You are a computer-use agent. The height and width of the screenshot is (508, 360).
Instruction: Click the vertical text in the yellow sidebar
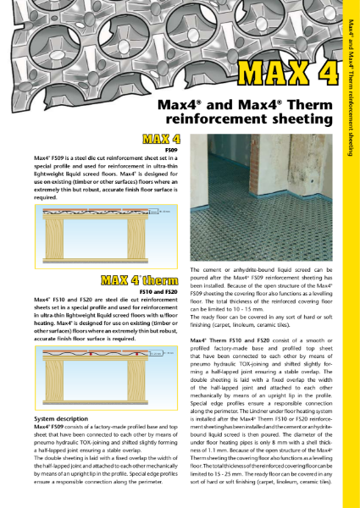tap(350, 85)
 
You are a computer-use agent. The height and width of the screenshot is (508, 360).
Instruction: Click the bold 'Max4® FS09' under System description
tap(53, 428)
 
